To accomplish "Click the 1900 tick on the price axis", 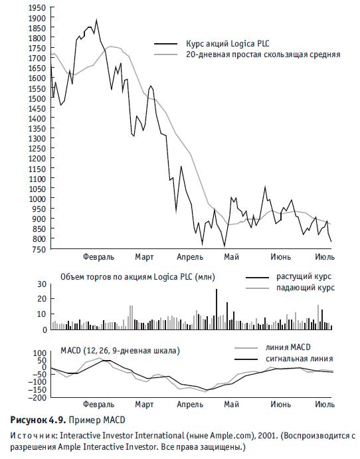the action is tap(37, 18).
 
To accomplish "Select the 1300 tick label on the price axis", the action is tap(37, 138).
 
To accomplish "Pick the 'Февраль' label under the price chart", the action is tap(98, 257).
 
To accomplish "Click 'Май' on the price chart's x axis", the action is tap(232, 257).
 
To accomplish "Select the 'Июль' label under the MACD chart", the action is tap(325, 405).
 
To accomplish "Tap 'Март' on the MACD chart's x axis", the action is tap(144, 405).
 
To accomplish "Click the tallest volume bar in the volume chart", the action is tap(217, 309).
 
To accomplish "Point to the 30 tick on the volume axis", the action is tap(43, 284).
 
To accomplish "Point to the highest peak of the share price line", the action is tap(96, 20).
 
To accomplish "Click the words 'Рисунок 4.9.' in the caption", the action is tap(38, 420).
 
